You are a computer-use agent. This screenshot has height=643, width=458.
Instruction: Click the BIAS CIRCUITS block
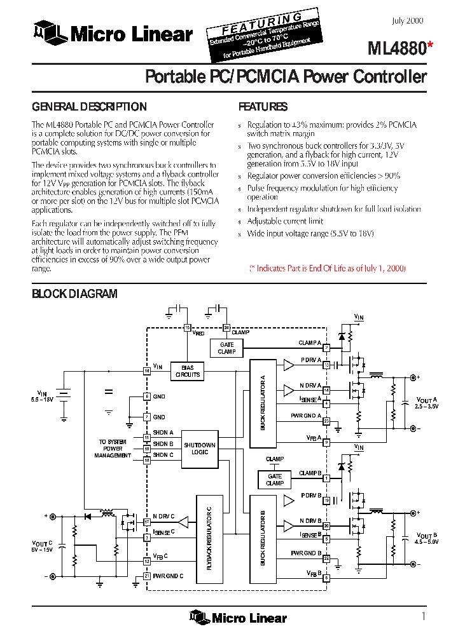click(187, 371)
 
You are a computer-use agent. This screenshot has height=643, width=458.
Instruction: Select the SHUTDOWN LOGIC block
click(199, 448)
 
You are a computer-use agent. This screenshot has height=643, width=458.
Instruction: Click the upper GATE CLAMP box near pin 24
click(226, 348)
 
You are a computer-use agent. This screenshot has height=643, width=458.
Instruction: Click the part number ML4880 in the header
click(392, 48)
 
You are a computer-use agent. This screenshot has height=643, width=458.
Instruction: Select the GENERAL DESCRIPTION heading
click(89, 107)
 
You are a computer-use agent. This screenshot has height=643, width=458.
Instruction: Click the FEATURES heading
click(263, 107)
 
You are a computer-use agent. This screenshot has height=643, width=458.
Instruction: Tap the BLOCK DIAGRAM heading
click(74, 294)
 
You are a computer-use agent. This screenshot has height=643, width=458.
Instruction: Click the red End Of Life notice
click(327, 268)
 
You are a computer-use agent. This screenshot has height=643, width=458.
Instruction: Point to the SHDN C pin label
click(163, 455)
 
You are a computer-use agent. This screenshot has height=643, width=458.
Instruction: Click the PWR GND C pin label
click(168, 576)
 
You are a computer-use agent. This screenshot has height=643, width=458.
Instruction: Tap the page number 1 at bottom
click(423, 616)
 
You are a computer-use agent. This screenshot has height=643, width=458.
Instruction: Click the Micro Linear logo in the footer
click(238, 617)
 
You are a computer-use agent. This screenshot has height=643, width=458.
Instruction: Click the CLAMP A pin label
click(309, 343)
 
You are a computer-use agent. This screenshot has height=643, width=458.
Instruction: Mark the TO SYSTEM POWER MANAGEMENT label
click(113, 448)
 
